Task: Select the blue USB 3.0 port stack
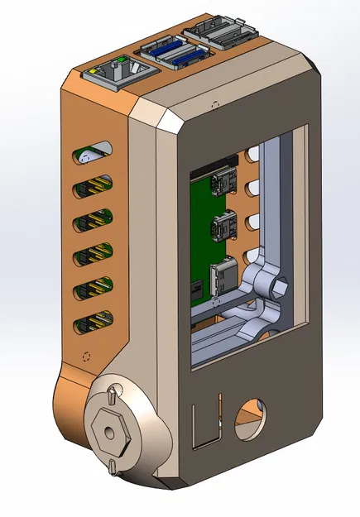point(175,54)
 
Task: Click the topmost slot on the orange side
point(94,154)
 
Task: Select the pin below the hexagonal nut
point(111,467)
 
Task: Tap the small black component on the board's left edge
point(197,290)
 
